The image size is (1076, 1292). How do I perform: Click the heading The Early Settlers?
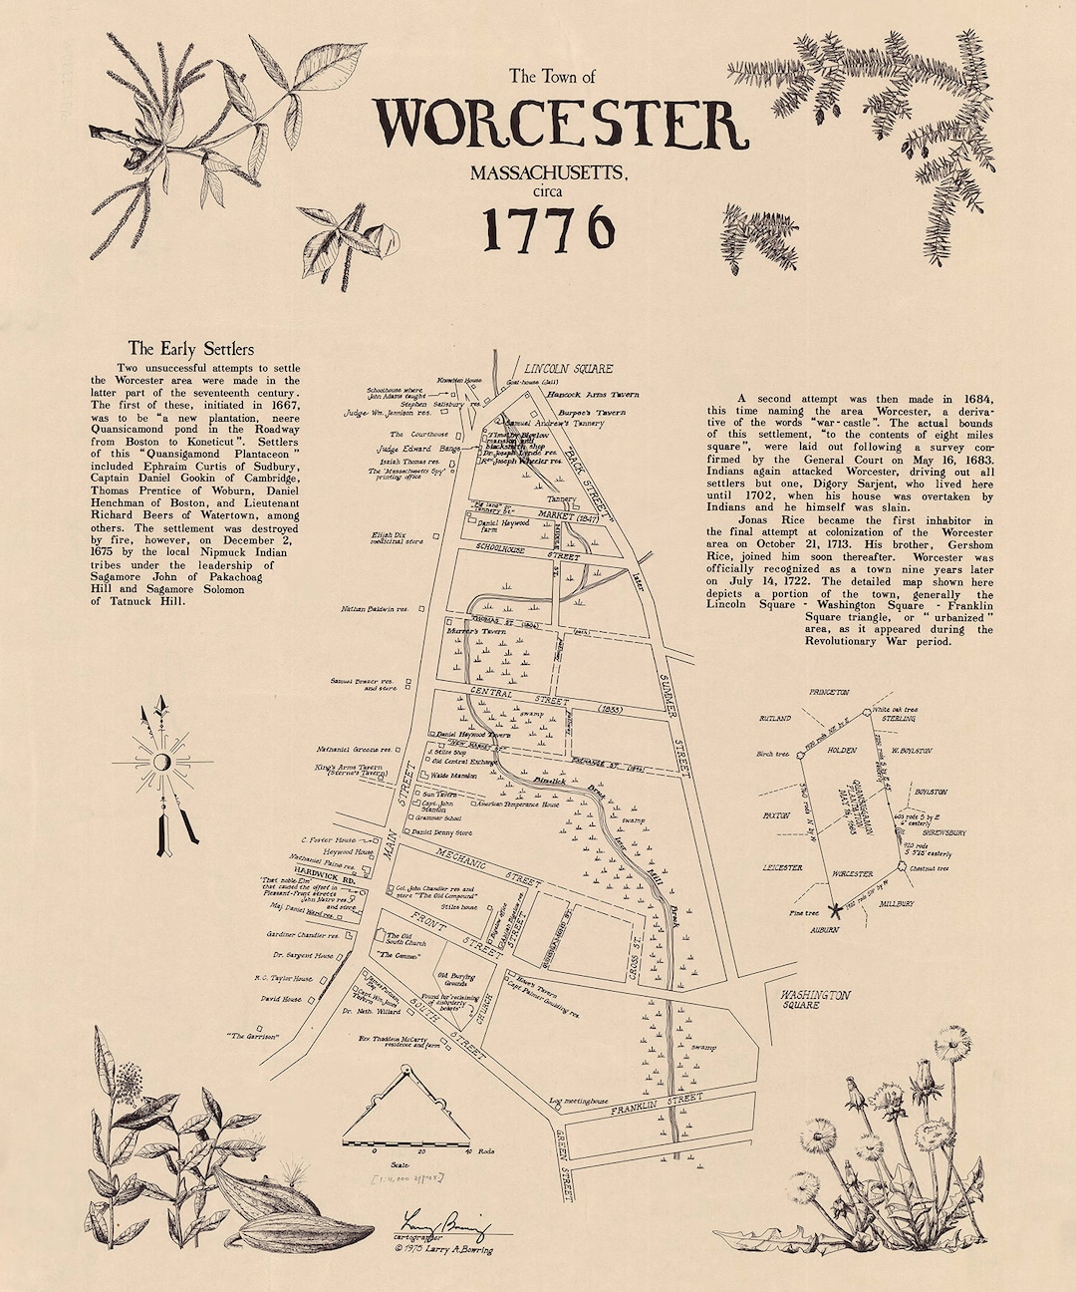(x=191, y=349)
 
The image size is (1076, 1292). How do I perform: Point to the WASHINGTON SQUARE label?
(x=815, y=999)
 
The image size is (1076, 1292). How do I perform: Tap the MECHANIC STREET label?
(x=488, y=867)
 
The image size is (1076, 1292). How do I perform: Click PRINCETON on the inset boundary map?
(x=829, y=691)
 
